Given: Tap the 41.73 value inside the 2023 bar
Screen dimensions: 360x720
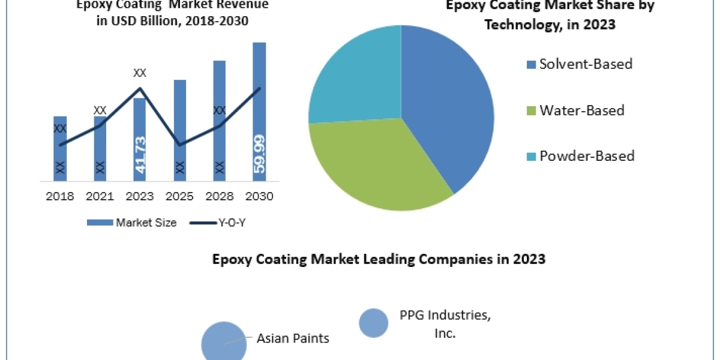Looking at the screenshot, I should (x=140, y=155).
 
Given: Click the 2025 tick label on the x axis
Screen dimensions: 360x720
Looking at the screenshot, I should (x=179, y=197).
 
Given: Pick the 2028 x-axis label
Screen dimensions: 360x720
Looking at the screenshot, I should (x=219, y=197).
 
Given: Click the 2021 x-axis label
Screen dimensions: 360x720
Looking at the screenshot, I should (x=100, y=197).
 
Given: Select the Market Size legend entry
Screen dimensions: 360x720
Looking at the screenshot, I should (x=131, y=223).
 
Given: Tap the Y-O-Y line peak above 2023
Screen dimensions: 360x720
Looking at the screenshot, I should (x=140, y=89).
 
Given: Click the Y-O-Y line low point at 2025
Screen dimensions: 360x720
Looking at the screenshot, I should (x=179, y=145).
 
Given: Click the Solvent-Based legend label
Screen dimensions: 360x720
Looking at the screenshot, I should (x=586, y=64).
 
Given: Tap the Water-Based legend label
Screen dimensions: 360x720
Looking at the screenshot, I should (x=581, y=110).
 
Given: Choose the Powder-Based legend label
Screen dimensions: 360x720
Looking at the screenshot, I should (x=586, y=157).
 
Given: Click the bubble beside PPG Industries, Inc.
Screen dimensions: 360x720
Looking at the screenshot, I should (x=373, y=323).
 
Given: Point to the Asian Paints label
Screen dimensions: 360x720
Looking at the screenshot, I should (x=293, y=338).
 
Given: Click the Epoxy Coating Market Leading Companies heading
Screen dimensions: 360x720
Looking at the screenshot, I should (x=379, y=259).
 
